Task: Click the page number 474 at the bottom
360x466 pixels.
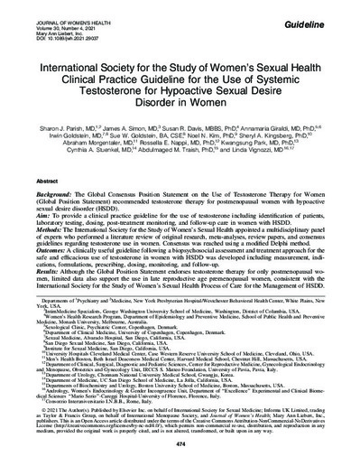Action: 180,445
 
